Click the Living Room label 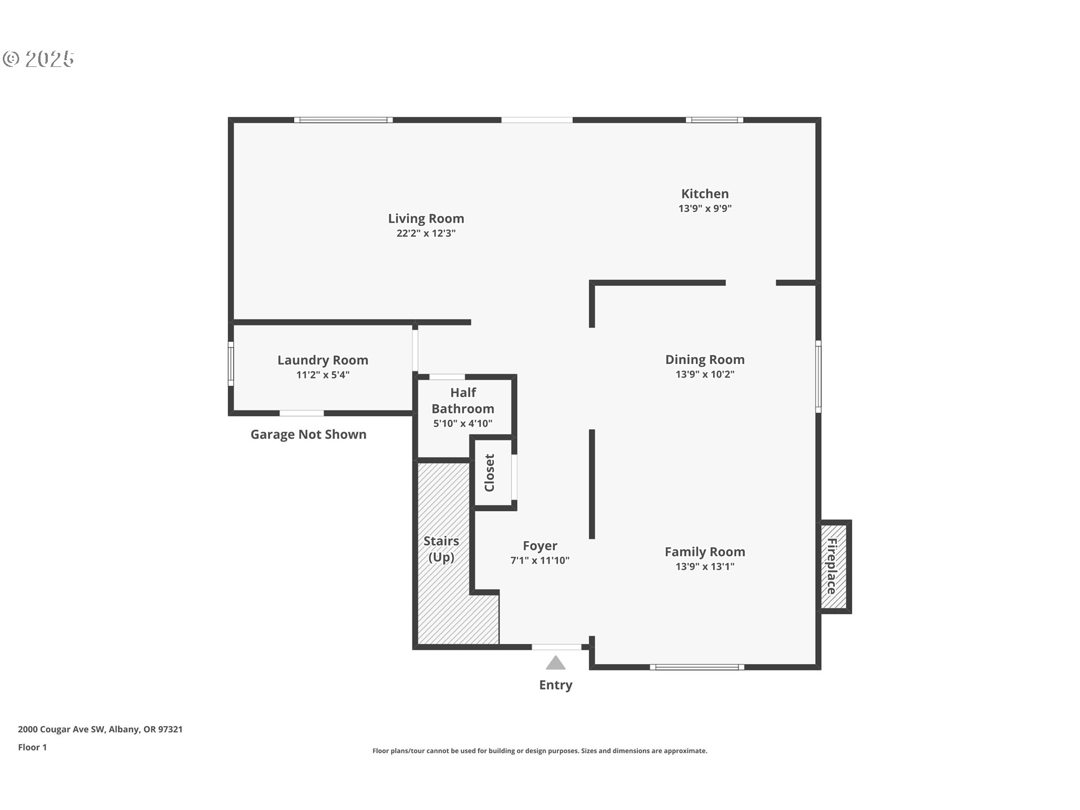point(426,218)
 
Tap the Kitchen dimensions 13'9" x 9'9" point(705,208)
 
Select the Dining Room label point(705,359)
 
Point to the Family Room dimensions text point(705,566)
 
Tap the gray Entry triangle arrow point(556,663)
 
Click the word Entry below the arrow point(556,685)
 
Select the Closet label point(489,473)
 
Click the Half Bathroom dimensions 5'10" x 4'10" point(463,424)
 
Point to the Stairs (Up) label point(442,549)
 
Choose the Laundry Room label point(323,360)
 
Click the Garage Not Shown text point(308,434)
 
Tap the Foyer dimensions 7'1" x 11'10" point(540,560)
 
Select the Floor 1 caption point(32,748)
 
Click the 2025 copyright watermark point(38,59)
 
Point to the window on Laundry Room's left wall point(231,364)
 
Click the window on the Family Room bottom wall point(697,667)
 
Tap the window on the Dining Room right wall point(818,376)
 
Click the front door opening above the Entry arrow point(557,647)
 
